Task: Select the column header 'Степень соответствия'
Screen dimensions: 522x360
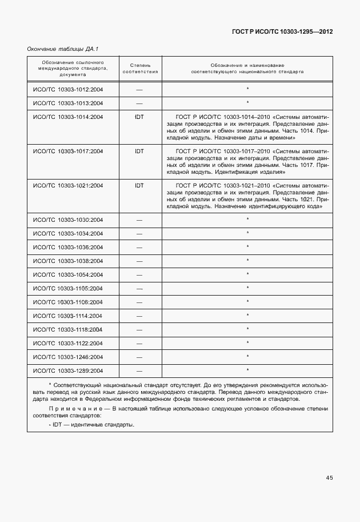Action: point(140,69)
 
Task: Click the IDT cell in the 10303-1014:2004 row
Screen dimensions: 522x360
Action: point(139,117)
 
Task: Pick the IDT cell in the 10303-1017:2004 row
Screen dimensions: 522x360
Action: point(139,152)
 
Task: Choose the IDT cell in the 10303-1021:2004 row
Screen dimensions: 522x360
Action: point(139,186)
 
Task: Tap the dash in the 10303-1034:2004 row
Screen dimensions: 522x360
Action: point(139,234)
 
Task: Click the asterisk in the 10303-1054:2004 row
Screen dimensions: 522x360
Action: point(247,274)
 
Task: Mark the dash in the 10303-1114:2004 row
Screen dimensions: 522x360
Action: point(139,316)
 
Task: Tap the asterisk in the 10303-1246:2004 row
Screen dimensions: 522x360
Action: point(247,357)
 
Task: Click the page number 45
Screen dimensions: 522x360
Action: point(329,477)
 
